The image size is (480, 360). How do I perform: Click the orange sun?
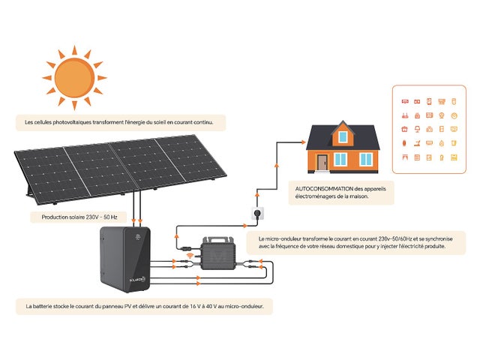point(73,77)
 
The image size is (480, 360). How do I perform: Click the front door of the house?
point(322,162)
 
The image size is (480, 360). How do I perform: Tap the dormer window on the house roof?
point(343,136)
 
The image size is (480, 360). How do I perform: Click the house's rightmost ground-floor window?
point(365,159)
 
